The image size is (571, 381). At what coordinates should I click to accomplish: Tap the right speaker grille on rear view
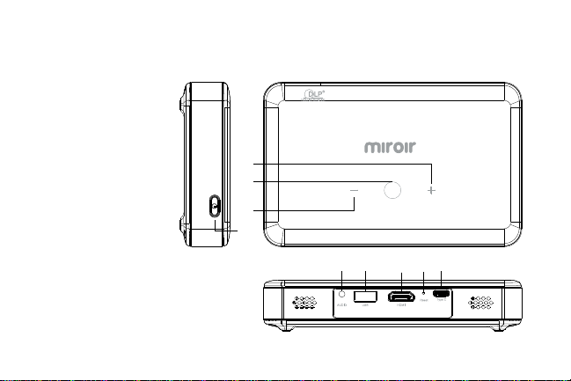(x=484, y=303)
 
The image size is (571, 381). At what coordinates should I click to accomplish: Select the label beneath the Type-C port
(x=442, y=303)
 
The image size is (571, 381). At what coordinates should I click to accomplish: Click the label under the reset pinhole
(x=424, y=302)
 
